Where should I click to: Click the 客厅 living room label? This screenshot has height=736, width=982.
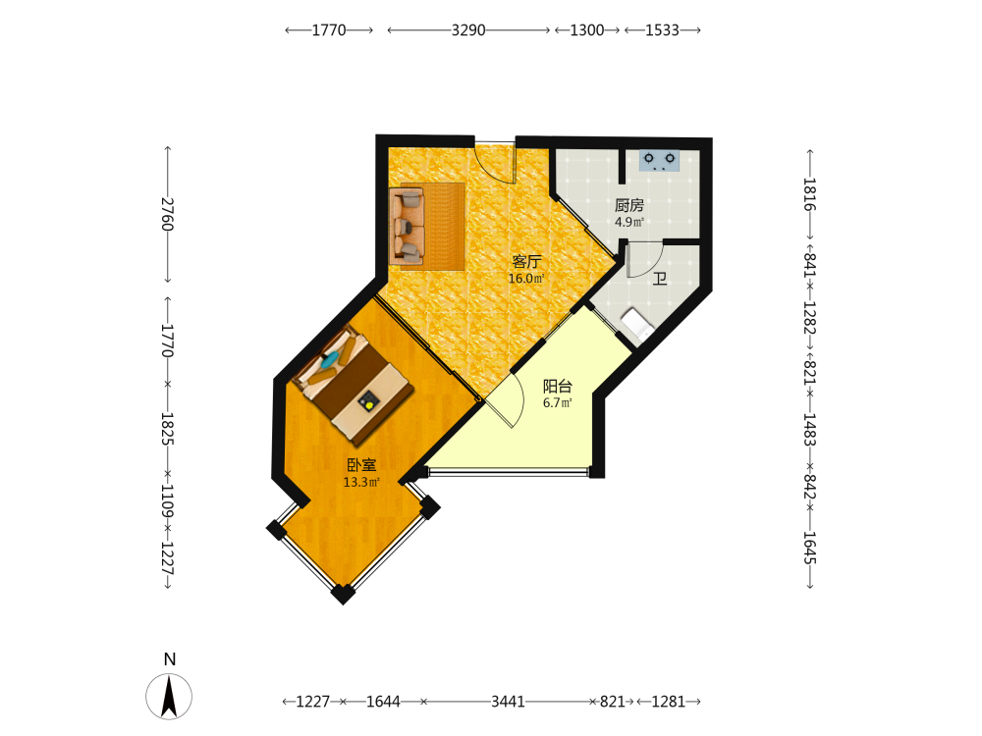(526, 262)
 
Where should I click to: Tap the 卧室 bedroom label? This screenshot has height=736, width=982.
(362, 465)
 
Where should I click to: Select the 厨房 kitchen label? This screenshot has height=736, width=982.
(629, 205)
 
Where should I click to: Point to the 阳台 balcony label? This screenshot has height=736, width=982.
(558, 386)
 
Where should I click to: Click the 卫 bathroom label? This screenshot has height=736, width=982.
(660, 279)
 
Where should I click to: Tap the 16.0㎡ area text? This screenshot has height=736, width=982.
(526, 279)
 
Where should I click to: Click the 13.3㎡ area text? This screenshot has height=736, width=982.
(361, 482)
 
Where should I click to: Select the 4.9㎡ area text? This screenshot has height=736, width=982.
(629, 222)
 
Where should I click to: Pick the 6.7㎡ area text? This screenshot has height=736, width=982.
(558, 403)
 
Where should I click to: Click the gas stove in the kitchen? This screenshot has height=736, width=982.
(660, 161)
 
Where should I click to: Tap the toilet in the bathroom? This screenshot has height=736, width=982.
(637, 325)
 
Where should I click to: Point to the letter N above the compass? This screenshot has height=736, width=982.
(170, 659)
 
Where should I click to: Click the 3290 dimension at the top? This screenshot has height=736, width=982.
(468, 30)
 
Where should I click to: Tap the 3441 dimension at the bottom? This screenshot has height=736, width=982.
(508, 702)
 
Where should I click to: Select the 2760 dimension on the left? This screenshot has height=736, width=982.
(167, 215)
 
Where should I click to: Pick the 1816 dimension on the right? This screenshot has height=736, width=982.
(810, 194)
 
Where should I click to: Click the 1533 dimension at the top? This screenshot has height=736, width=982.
(662, 30)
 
